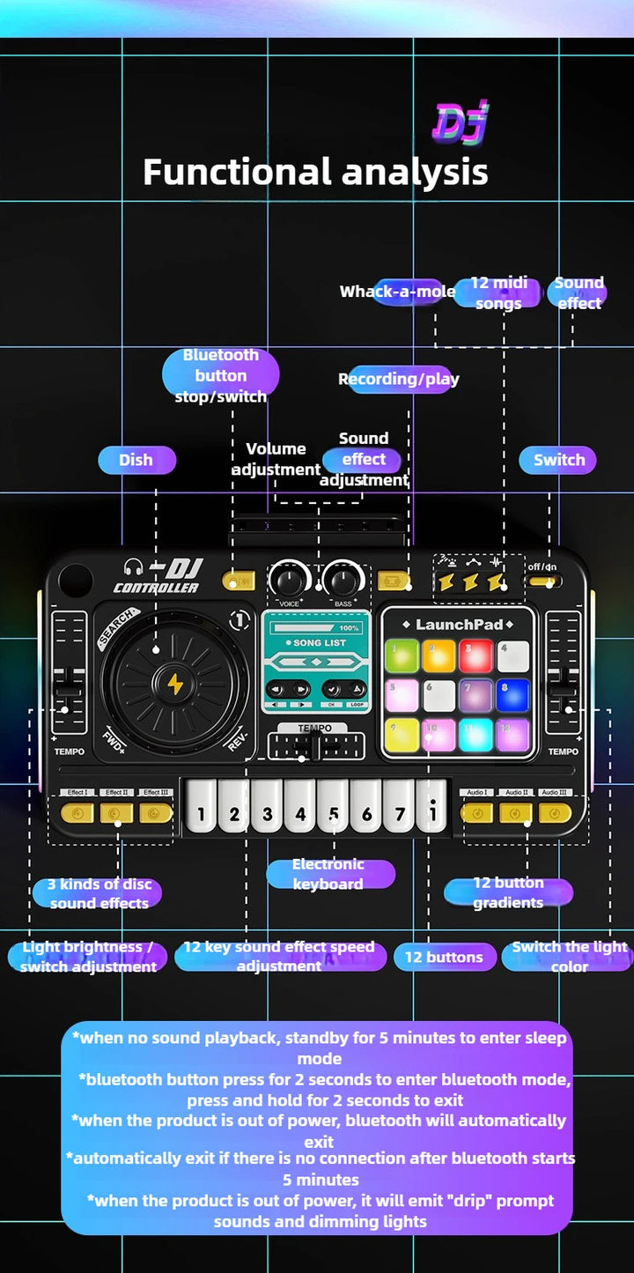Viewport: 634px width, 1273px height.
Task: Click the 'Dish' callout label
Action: pos(136,460)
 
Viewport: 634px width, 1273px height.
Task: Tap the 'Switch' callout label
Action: pos(558,460)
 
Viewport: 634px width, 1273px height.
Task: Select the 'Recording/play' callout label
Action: pos(399,379)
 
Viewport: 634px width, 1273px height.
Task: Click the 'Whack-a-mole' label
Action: pos(398,292)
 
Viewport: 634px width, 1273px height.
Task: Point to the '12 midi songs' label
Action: pos(498,292)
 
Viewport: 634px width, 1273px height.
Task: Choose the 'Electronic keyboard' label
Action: pos(328,874)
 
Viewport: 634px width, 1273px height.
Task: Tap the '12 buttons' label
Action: pos(444,957)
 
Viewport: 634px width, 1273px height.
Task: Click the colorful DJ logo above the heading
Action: pos(460,122)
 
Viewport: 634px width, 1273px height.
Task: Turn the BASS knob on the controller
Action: pos(343,581)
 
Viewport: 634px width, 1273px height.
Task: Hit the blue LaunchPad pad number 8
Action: pos(512,695)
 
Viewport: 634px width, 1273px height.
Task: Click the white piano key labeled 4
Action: pos(300,806)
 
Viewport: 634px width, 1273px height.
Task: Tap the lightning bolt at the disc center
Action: pos(175,684)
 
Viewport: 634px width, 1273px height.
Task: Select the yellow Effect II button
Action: pos(116,813)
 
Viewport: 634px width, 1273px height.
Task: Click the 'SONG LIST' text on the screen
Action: pos(319,643)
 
